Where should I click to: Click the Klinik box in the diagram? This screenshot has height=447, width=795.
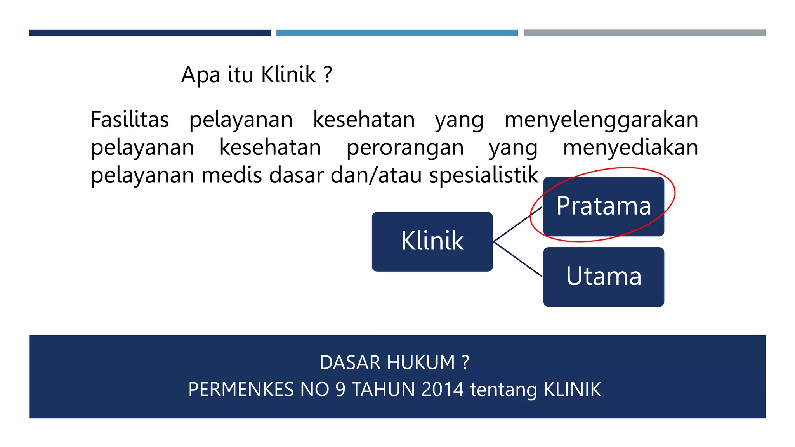(432, 241)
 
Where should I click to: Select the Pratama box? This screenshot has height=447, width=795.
(604, 206)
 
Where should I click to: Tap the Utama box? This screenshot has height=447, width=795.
(604, 277)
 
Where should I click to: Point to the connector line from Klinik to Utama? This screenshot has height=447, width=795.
(517, 259)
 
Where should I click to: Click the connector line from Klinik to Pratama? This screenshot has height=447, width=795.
(517, 225)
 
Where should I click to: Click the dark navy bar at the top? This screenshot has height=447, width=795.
(149, 33)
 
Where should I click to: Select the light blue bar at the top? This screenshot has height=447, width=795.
(397, 33)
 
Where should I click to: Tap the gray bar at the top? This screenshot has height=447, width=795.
(645, 33)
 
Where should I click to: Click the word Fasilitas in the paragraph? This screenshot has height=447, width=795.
(130, 120)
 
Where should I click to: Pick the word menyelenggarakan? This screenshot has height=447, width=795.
(601, 120)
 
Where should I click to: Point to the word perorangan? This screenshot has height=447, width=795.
(405, 148)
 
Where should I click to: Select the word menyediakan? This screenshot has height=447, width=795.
(630, 148)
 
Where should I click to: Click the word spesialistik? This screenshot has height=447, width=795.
(484, 176)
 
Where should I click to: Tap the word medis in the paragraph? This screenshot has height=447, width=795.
(231, 175)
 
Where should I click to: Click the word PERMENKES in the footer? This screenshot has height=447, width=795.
(241, 390)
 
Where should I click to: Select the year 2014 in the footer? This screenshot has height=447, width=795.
(442, 390)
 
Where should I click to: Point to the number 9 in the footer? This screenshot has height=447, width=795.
(340, 390)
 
